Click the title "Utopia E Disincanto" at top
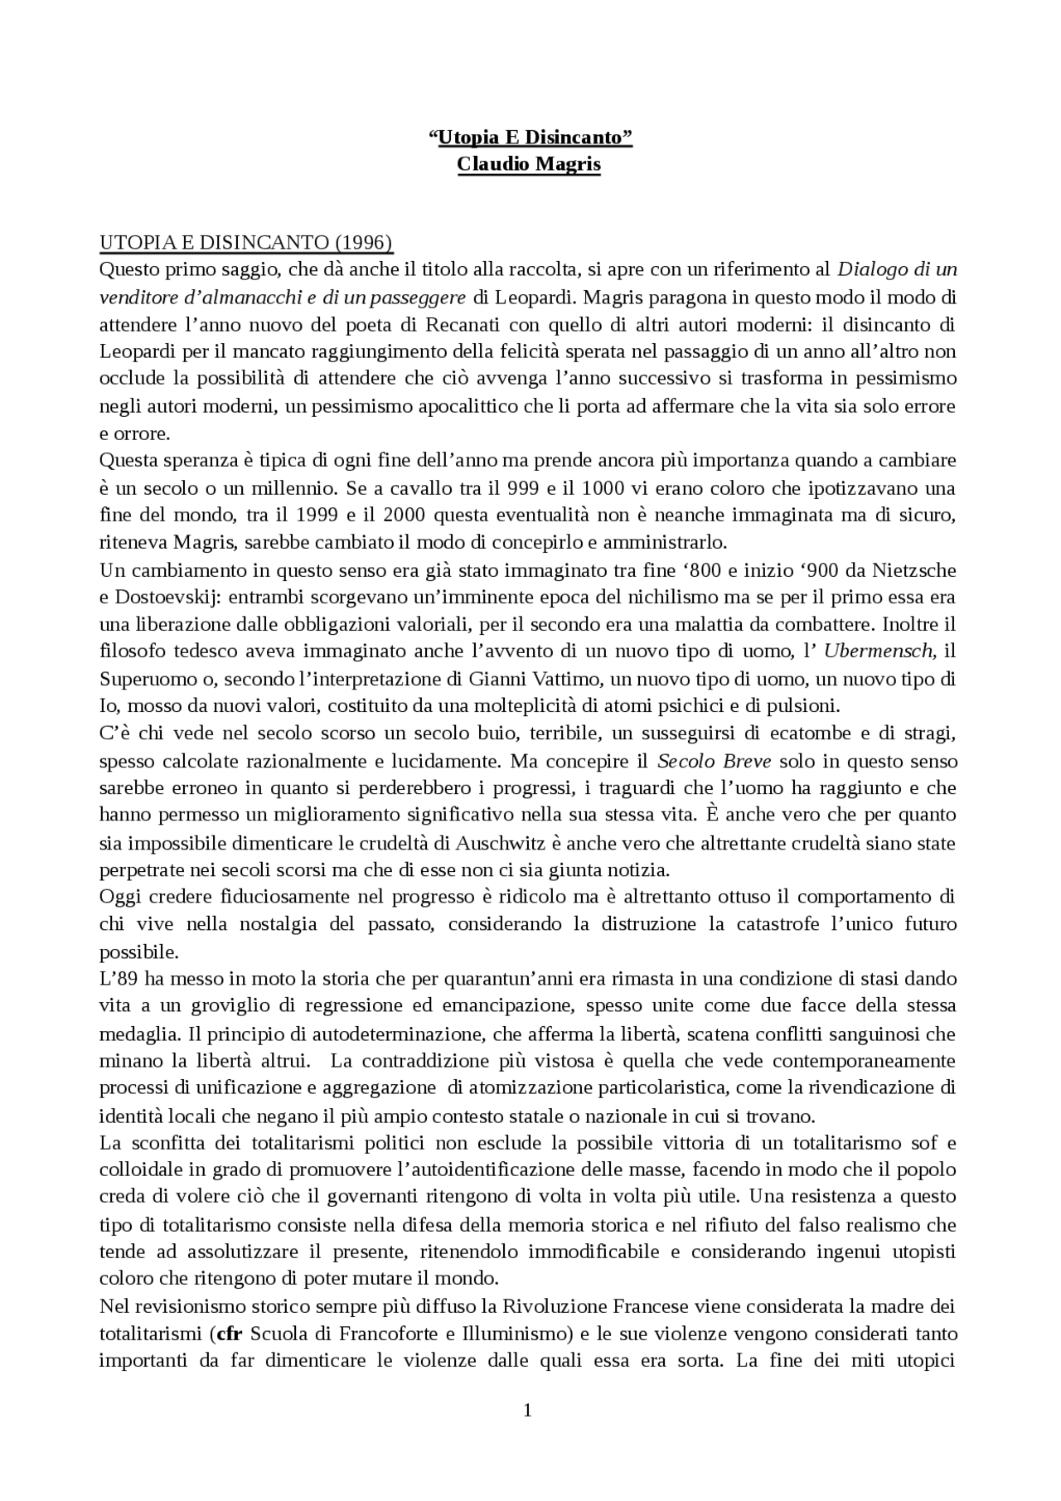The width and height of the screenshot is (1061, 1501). tap(530, 138)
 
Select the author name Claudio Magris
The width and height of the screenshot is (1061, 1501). tap(529, 164)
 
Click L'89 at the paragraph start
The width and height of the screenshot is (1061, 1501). tap(116, 979)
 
